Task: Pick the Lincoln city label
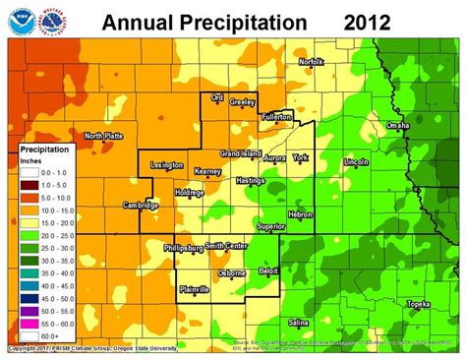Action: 356,161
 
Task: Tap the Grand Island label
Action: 240,154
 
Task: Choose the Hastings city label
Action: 252,181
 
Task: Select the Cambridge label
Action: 142,205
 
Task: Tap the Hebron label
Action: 299,213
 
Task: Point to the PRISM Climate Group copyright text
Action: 88,348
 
